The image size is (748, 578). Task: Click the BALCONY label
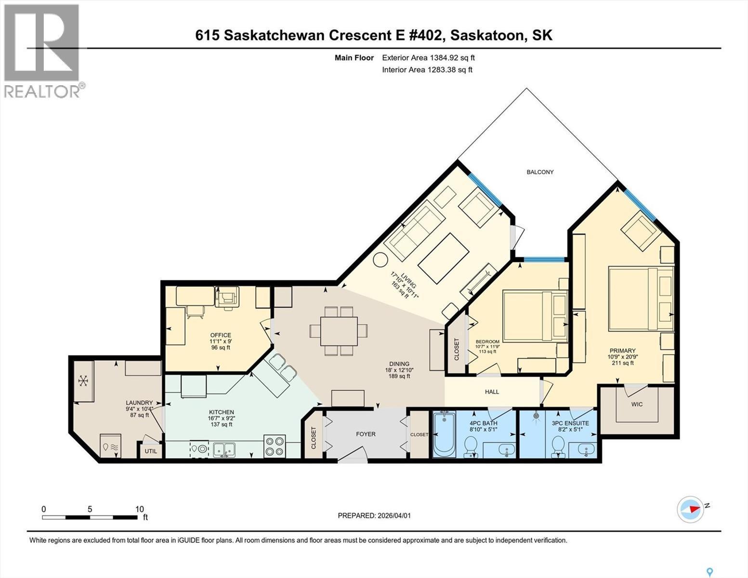point(540,172)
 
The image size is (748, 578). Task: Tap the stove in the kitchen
point(275,446)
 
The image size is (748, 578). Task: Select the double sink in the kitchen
point(224,449)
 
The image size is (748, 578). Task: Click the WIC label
point(637,404)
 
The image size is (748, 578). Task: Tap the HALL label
point(492,392)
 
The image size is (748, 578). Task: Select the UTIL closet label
point(151,451)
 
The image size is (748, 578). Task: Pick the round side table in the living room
point(381,260)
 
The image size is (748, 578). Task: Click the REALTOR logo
point(42,51)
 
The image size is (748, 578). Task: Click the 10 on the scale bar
point(139,509)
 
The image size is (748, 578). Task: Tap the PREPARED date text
point(374,515)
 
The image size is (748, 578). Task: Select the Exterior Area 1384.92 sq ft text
point(428,58)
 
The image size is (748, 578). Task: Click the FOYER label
point(366,434)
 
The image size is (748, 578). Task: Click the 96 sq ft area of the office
point(221,347)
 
